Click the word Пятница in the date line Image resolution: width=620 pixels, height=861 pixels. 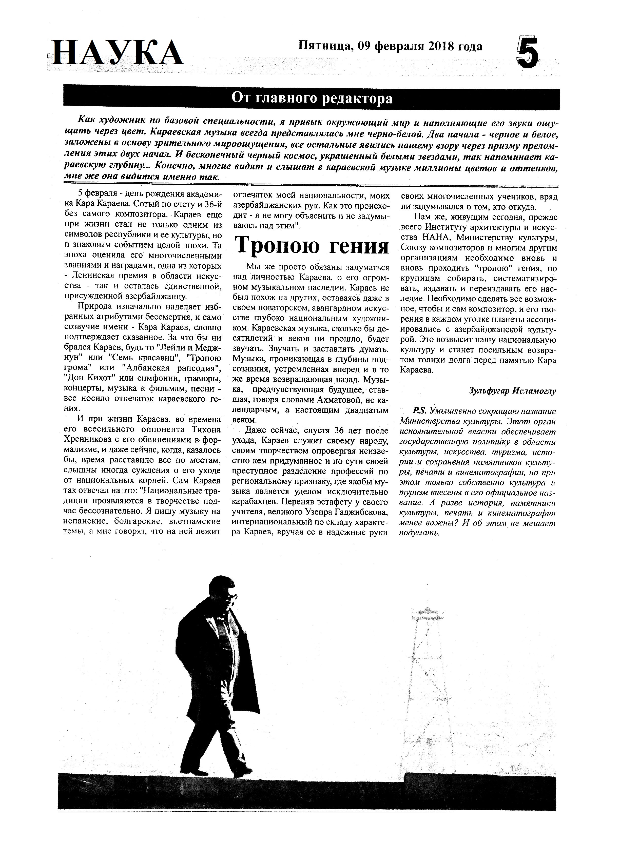point(326,46)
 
